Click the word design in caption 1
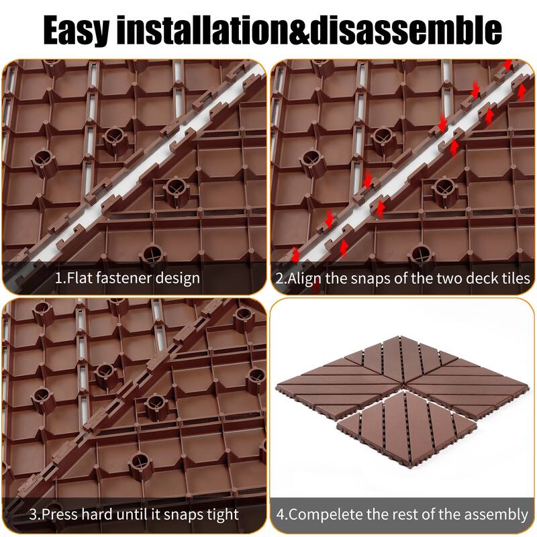[x=179, y=277]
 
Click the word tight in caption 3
[x=219, y=515]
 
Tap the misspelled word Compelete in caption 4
[x=326, y=515]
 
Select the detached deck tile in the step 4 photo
[x=406, y=424]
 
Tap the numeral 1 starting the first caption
[x=58, y=277]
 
